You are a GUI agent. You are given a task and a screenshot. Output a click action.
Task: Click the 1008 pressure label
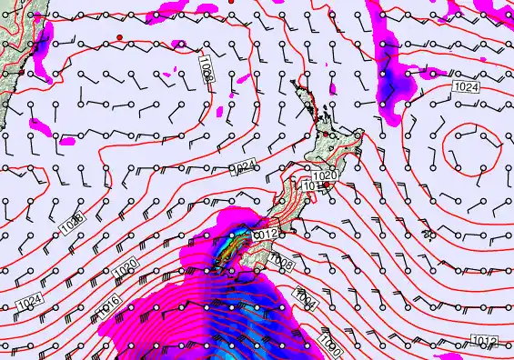coord(282,264)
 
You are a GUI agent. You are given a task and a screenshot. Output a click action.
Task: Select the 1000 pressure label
coord(332,343)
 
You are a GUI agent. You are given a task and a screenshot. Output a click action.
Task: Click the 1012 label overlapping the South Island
coord(265,235)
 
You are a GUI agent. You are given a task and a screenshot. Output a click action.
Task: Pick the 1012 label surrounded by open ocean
coord(485,340)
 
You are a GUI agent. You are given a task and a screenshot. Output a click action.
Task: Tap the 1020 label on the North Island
coord(325,175)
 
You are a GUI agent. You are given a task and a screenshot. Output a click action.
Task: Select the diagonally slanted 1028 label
coord(75,219)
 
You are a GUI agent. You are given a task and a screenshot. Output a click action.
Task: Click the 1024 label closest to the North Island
coord(242,166)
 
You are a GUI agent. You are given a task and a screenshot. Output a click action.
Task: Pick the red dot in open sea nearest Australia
coord(119,36)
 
